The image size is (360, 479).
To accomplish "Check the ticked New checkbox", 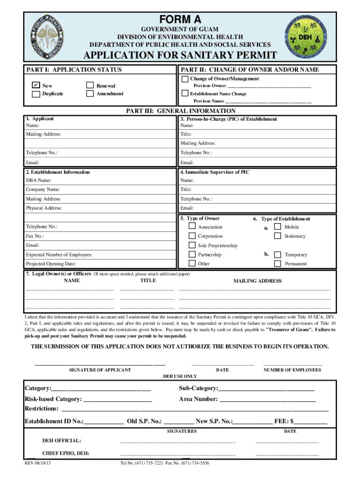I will point(36,86).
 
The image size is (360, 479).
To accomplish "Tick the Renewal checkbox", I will point(90,86).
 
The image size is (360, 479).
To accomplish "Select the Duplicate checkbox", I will point(36,94).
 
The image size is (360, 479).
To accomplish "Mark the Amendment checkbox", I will point(90,94).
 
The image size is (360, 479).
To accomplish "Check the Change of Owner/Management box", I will point(185,79).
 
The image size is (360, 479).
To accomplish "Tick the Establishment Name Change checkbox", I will point(185,94).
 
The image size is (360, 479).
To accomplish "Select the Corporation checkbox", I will point(192,236).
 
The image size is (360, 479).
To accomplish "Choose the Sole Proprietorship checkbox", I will point(192,246).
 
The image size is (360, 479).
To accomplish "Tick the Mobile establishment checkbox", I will point(278,227).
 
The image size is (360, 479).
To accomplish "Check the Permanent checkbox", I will point(278,264).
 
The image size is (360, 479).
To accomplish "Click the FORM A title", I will point(180,20).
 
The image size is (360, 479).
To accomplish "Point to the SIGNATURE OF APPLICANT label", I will point(100,370).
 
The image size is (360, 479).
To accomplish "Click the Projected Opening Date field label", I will point(51,264).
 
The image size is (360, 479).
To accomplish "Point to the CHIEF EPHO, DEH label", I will point(66,453).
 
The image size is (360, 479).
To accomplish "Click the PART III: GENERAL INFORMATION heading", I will point(181,111).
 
